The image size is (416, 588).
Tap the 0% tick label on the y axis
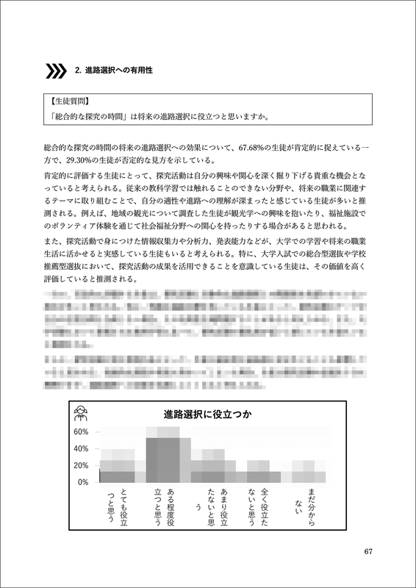point(83,482)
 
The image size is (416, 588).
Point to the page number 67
point(370,552)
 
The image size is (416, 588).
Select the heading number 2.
point(78,71)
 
